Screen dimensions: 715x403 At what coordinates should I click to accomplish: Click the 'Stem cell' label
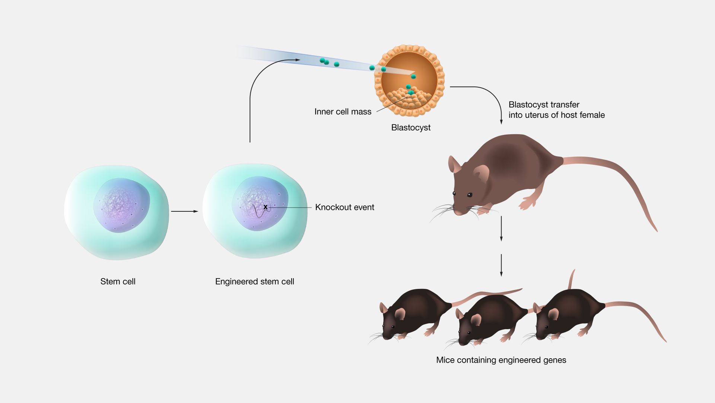(118, 281)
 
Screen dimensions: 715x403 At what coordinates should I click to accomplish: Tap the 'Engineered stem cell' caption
(255, 281)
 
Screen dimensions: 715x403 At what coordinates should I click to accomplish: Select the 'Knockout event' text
(344, 207)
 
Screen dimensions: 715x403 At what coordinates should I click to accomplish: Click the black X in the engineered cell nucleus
(266, 207)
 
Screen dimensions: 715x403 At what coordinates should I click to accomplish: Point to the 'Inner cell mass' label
(343, 112)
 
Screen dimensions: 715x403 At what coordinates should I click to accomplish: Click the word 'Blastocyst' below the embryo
(411, 127)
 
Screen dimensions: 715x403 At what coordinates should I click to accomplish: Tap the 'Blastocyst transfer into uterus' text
(557, 110)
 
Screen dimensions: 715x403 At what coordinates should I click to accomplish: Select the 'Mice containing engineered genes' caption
(501, 360)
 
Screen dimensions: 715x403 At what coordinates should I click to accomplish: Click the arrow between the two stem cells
(185, 211)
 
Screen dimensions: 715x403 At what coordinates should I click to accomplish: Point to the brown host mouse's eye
(470, 195)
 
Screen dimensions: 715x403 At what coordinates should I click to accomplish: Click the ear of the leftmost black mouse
(400, 314)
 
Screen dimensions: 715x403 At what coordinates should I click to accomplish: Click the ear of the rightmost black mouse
(553, 314)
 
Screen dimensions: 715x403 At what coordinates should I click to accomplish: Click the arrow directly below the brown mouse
(501, 229)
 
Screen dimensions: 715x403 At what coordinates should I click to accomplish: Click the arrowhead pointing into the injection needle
(297, 60)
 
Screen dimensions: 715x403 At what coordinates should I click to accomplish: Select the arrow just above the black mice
(501, 265)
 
